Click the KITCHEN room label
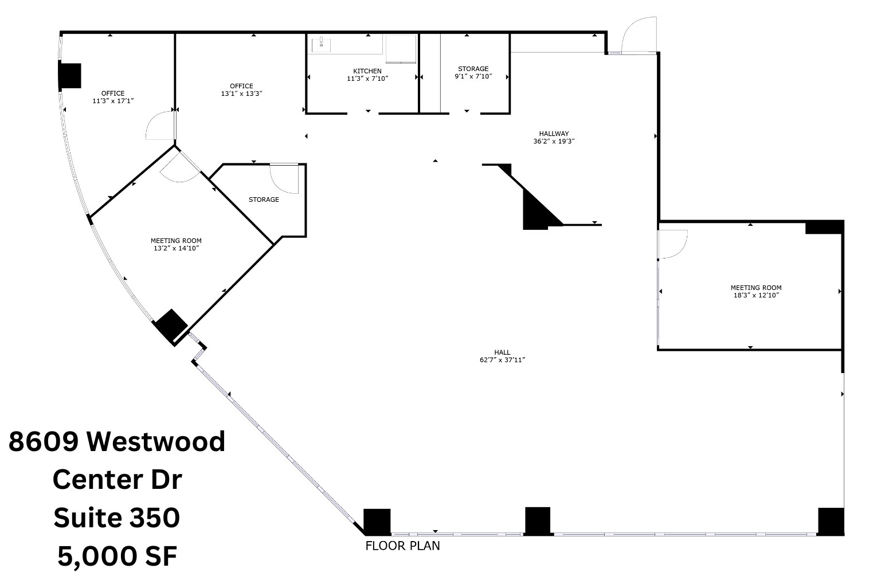pyautogui.click(x=367, y=71)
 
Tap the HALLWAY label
pyautogui.click(x=554, y=134)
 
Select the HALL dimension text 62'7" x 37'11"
pyautogui.click(x=503, y=360)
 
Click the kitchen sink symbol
pyautogui.click(x=322, y=43)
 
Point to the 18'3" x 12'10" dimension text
pyautogui.click(x=755, y=295)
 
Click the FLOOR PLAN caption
pyautogui.click(x=402, y=546)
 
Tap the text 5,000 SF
pyautogui.click(x=117, y=556)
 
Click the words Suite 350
pyautogui.click(x=117, y=518)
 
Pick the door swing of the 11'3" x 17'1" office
pyautogui.click(x=160, y=126)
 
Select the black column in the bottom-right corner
pyautogui.click(x=831, y=521)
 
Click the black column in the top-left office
pyautogui.click(x=70, y=76)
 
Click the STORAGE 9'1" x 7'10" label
pyautogui.click(x=473, y=72)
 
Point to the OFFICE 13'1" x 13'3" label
pyautogui.click(x=241, y=89)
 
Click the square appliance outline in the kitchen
pyautogui.click(x=401, y=48)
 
